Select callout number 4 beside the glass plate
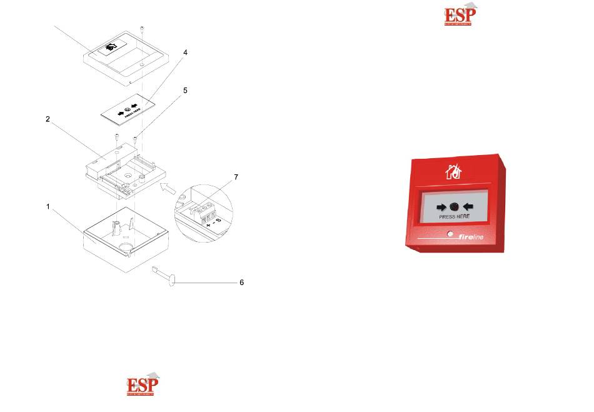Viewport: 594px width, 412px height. (x=185, y=54)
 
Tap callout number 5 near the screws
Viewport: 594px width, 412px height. (x=186, y=91)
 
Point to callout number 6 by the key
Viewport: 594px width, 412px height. (x=242, y=283)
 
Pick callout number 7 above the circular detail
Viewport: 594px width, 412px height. (x=236, y=178)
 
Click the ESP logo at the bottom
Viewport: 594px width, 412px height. (x=142, y=386)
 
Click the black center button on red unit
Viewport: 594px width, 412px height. (x=455, y=206)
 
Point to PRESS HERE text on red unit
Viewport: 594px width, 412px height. (x=455, y=216)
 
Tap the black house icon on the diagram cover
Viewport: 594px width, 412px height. (x=111, y=46)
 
